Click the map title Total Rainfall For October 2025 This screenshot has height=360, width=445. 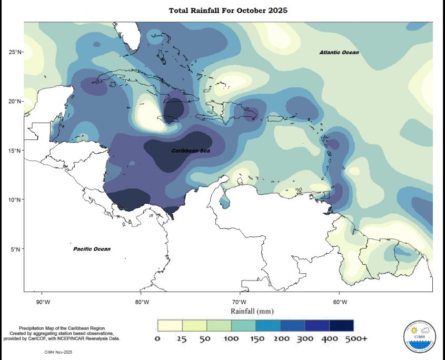(228, 11)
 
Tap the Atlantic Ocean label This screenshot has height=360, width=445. (339, 53)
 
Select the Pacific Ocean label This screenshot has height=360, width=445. (92, 249)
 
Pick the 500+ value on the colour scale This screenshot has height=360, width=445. (356, 338)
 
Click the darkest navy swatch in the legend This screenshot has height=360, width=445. (341, 325)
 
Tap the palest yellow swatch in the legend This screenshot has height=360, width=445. (170, 325)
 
